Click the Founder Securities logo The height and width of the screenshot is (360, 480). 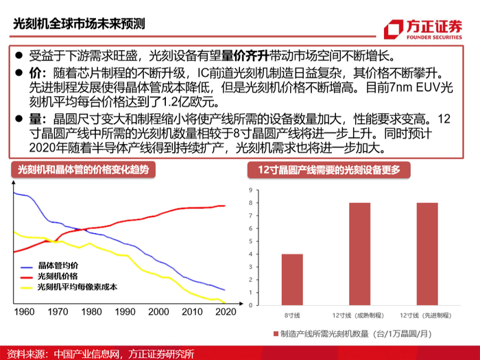coord(423,29)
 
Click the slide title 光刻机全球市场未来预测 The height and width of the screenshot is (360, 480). coord(79,24)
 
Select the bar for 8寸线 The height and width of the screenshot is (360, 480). coord(292,280)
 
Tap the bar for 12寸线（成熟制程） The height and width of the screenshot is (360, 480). coord(360,254)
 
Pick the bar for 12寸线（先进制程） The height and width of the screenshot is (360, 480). coord(427,254)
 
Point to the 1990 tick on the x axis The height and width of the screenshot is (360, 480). coord(125,311)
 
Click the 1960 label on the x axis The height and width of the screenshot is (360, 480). coord(24,311)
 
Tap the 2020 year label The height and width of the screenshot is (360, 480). coord(226,311)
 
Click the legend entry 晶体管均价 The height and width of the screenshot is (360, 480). coord(49,266)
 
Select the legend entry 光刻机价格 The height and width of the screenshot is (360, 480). coord(49,276)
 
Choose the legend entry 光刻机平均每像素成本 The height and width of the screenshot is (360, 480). coord(69,287)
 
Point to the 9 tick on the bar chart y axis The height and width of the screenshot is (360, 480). coord(251,190)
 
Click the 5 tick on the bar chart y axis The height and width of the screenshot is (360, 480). coord(251,241)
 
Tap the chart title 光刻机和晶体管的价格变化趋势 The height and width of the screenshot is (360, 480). coord(83,169)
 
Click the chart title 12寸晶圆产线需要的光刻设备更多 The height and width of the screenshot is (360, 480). coord(329,170)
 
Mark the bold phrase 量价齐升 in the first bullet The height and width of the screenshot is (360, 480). coord(245,56)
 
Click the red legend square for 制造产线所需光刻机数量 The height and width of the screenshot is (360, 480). coord(276,334)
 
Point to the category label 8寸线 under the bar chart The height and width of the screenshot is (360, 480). coord(292,315)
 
